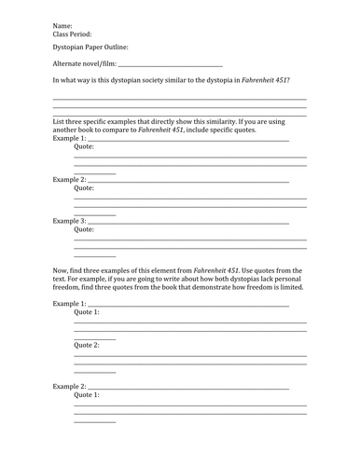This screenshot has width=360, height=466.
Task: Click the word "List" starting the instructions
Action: click(59, 123)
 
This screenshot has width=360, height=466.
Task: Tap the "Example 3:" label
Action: click(69, 221)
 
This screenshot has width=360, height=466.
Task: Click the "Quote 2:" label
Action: click(87, 345)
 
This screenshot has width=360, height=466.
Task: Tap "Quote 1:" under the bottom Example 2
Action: click(87, 394)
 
